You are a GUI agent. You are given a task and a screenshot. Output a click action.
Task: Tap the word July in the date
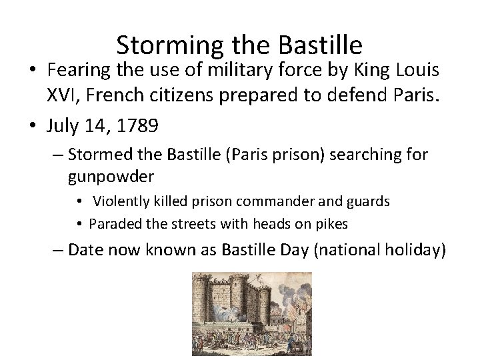(x=63, y=126)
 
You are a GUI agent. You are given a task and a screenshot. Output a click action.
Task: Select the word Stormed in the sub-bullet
(x=99, y=155)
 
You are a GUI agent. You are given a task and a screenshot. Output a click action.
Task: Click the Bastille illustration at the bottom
(x=251, y=313)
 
